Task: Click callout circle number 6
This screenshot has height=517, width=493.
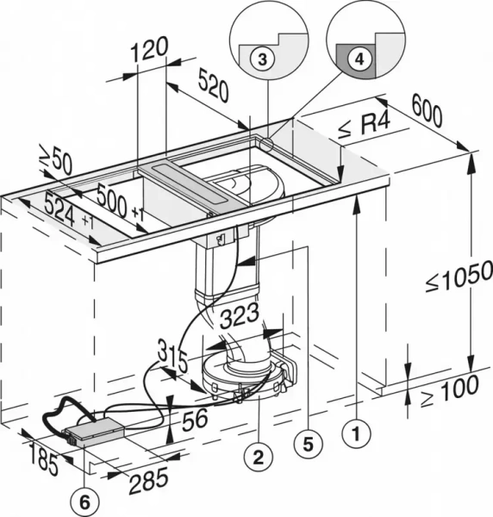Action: [x=84, y=498]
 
